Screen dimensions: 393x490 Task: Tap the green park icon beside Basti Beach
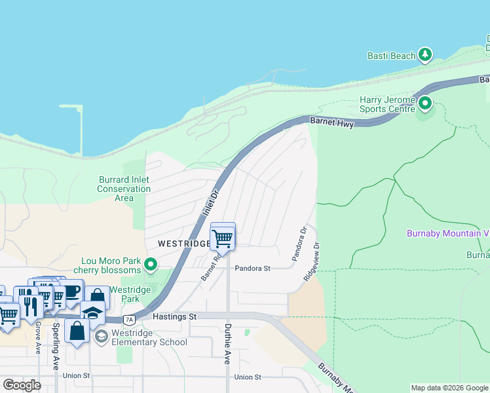tap(426, 54)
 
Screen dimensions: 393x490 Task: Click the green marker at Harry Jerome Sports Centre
tap(425, 103)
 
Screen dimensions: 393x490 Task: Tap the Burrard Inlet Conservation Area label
tap(124, 189)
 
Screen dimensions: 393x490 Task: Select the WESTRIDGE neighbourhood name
tap(183, 244)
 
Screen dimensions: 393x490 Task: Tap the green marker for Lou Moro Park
tap(151, 265)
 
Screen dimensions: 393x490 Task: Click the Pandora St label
tap(253, 269)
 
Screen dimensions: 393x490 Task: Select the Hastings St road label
tap(174, 316)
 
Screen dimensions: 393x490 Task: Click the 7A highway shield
tap(130, 320)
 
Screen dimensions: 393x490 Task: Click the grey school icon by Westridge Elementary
tap(101, 337)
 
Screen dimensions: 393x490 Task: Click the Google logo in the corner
tap(22, 384)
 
